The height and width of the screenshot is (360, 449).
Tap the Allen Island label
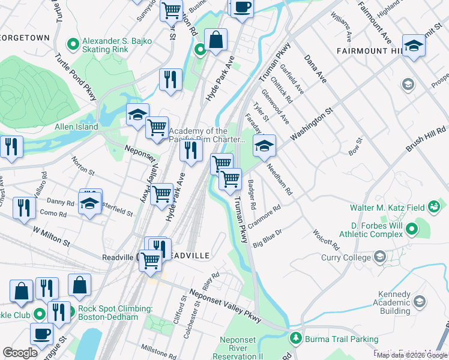click(x=76, y=127)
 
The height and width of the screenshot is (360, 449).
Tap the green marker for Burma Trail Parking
click(x=295, y=339)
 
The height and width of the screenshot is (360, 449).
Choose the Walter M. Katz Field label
click(x=389, y=208)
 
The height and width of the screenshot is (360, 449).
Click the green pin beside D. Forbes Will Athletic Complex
click(x=412, y=229)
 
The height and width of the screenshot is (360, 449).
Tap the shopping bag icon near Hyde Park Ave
click(x=215, y=41)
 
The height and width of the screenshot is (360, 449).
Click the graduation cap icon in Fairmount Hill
click(x=414, y=46)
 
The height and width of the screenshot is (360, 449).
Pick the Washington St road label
click(x=312, y=125)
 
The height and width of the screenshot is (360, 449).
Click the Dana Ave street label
click(x=315, y=68)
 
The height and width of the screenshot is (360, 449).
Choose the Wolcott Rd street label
click(x=326, y=239)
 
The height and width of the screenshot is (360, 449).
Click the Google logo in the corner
click(x=20, y=353)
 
